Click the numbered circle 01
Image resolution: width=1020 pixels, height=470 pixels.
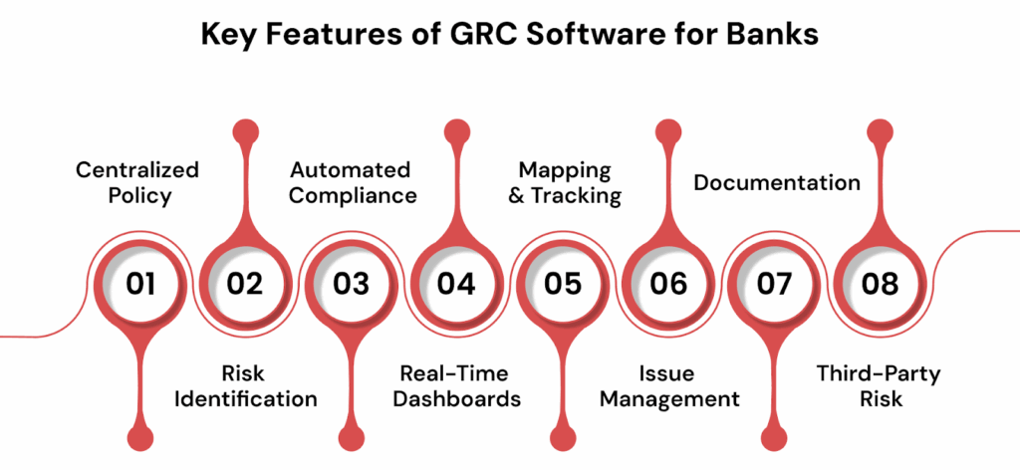[140, 284]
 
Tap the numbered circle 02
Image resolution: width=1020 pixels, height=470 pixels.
[245, 284]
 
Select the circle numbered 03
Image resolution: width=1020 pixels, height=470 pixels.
[352, 284]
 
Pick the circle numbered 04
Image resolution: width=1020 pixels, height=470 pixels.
[456, 284]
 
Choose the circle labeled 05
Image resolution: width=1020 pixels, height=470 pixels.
[563, 284]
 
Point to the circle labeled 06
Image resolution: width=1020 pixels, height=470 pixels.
[668, 284]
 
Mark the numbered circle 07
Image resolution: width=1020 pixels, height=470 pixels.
[774, 284]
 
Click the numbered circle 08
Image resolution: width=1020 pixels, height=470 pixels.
[881, 284]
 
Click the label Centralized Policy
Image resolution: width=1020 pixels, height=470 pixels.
[137, 182]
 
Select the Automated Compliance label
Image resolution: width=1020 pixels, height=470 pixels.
[352, 182]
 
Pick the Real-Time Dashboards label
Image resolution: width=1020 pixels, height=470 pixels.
[457, 386]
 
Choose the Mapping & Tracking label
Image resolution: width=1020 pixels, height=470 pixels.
[565, 182]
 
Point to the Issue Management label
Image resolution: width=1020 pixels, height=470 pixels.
[670, 386]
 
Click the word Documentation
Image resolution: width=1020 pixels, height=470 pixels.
[777, 182]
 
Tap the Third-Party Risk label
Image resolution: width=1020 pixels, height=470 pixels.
[879, 386]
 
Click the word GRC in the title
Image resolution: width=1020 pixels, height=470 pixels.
[481, 34]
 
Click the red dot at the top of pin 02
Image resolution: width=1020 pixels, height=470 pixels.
[245, 131]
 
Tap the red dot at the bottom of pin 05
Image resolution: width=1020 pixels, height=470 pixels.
[563, 438]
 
